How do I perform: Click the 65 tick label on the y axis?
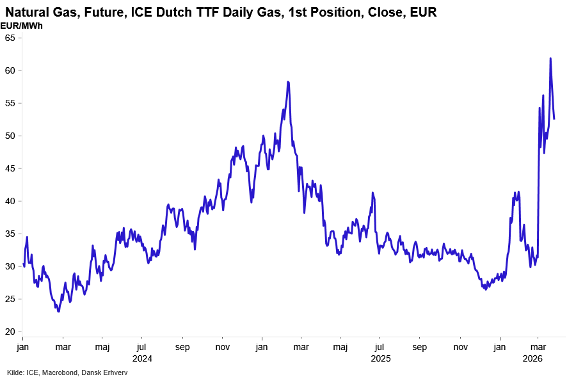(x=10, y=38)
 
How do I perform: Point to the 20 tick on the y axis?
(x=10, y=332)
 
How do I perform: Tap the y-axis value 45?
(x=10, y=168)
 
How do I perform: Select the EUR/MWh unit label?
(x=22, y=26)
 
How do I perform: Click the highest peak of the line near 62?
(x=550, y=58)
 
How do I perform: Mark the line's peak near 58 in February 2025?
(x=288, y=82)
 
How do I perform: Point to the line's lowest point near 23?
(x=58, y=311)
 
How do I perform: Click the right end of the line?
(x=554, y=118)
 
